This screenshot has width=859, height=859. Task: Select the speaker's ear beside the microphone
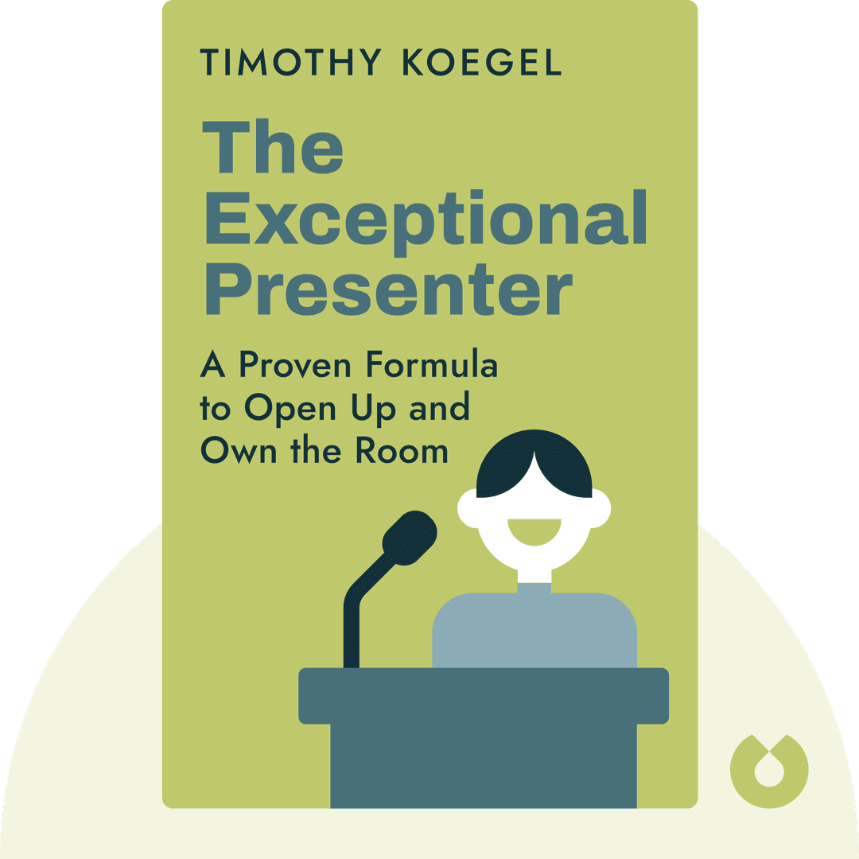click(469, 507)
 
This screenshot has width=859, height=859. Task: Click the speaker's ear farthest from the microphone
click(600, 507)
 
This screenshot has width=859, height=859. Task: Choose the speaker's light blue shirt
click(534, 628)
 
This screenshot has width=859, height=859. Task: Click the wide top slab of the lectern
click(484, 694)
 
